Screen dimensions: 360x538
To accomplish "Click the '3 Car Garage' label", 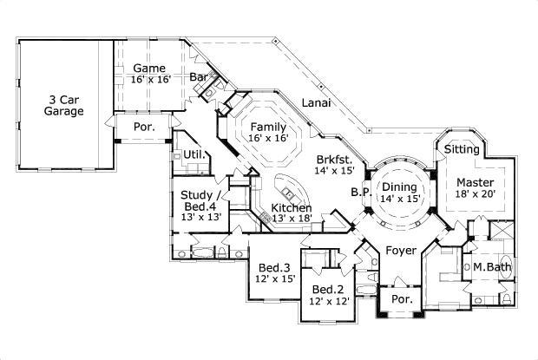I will (x=65, y=105).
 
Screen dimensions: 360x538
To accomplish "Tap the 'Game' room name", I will (x=149, y=67).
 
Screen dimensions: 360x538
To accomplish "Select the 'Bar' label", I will (x=200, y=77).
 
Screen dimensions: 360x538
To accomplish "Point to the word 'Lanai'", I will (x=315, y=103).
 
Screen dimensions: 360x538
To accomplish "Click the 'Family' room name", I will (x=268, y=127).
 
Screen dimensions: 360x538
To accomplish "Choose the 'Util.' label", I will (x=194, y=156).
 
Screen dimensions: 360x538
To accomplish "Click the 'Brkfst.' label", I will (x=335, y=159).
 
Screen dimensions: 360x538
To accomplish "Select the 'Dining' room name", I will (x=400, y=187).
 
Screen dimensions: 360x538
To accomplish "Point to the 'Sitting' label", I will (x=461, y=149).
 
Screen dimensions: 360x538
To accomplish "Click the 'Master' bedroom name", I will (x=476, y=183).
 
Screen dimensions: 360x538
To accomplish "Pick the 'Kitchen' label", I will (x=292, y=208).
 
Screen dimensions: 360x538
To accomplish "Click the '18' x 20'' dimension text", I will (x=476, y=196).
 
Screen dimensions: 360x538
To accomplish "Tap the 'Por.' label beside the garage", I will (x=144, y=125).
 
